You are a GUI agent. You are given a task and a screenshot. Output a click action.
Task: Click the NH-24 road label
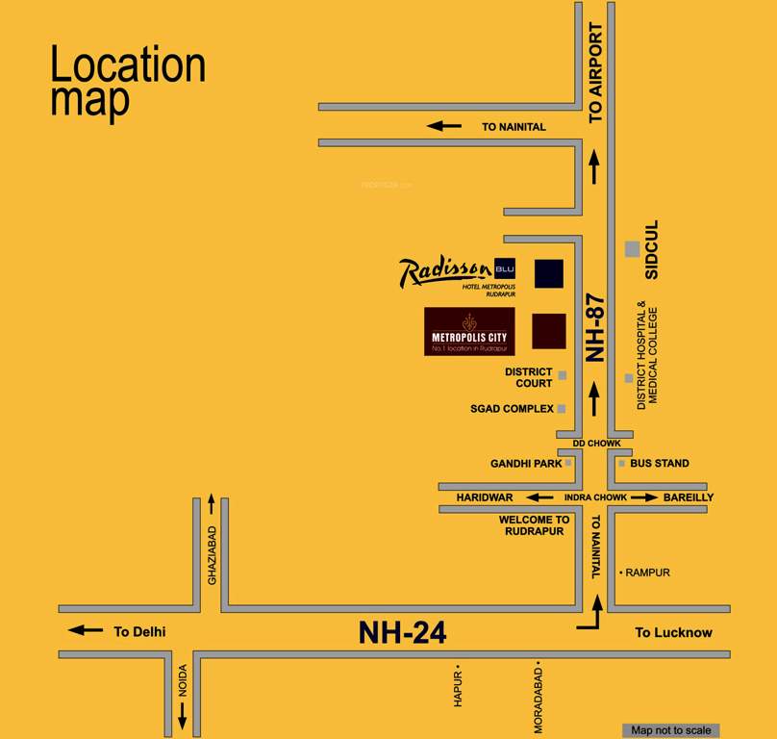[402, 632]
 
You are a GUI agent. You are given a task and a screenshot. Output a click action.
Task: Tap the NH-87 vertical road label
[595, 327]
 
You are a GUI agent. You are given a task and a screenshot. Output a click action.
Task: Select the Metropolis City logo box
[469, 332]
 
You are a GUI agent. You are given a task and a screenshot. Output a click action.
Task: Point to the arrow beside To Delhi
[86, 630]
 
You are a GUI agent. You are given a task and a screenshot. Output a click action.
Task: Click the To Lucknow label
[673, 632]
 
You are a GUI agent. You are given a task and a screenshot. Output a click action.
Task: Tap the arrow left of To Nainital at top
[444, 125]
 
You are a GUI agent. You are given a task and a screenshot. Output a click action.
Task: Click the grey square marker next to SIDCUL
[632, 248]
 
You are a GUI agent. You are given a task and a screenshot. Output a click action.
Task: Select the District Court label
[529, 377]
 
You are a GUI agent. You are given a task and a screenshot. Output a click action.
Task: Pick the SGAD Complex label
[512, 409]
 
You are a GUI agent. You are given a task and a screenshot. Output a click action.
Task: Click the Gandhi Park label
[526, 464]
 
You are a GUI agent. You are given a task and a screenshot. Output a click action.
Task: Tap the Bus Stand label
[660, 464]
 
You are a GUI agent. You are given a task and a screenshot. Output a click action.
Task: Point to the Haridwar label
[485, 497]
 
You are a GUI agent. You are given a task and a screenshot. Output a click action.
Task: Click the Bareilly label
[689, 497]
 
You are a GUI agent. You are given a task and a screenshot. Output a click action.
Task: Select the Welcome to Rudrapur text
[534, 525]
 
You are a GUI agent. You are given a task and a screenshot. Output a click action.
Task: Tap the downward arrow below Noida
[182, 714]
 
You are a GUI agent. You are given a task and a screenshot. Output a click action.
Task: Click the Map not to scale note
[671, 730]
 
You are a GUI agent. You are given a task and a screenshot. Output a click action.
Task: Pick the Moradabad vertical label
[539, 697]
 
